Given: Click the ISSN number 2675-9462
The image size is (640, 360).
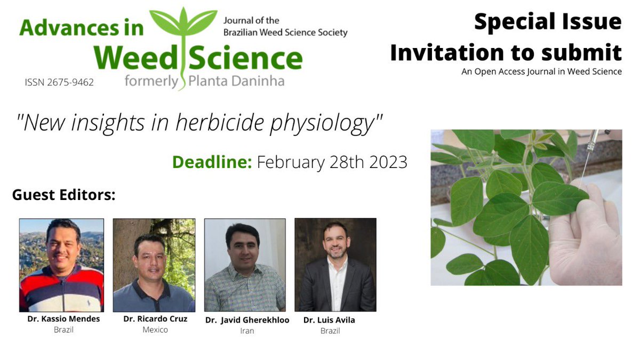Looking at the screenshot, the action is pos(59,82).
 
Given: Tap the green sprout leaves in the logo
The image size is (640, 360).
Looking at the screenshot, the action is pos(183,21).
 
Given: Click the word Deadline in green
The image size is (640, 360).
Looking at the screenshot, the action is pos(212,162).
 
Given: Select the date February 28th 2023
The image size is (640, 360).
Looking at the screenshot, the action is pos(332,162).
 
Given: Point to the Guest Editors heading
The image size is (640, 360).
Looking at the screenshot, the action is pos(63,195).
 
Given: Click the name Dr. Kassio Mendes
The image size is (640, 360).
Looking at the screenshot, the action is pos(63,319).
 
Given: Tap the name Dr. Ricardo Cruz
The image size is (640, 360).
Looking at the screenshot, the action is pos(155,319).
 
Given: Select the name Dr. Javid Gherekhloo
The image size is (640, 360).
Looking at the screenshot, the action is pos(247,320).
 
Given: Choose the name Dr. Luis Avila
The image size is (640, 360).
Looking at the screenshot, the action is pos(329,320).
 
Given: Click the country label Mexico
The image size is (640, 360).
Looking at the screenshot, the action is pos(155,330).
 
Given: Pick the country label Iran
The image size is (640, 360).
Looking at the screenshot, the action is pos(247,331).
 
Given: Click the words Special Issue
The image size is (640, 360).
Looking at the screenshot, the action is pos(548,22).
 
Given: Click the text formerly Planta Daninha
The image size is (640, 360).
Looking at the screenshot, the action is pos(205,81).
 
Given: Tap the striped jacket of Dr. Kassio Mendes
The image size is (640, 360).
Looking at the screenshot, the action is pos(61,289).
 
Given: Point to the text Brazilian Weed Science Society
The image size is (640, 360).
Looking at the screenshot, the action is pos(285,33).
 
